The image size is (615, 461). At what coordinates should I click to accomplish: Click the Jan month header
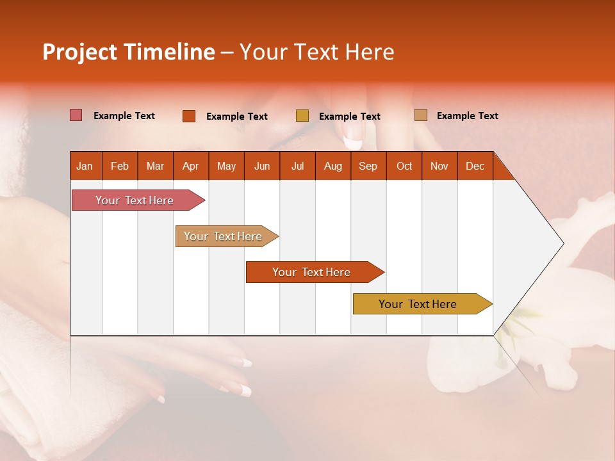coord(85,166)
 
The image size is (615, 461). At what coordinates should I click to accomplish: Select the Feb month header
coord(120,166)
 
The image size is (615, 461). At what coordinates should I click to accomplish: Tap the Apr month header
coord(190,166)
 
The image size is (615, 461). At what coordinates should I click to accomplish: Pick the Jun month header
coord(262,166)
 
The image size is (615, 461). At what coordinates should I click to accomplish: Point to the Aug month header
coord(332,166)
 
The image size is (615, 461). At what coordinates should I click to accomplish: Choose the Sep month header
coord(368,166)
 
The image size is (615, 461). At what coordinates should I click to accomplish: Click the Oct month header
coord(404,166)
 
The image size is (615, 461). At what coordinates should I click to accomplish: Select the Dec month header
coord(475,166)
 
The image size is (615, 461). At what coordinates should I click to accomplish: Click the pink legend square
coord(76,115)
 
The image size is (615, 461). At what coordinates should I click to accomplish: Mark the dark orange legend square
coord(188,116)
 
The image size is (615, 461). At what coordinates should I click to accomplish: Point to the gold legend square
coord(302,116)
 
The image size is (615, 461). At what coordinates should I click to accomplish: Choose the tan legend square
coord(420,115)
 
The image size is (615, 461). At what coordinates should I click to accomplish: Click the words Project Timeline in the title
coord(128,52)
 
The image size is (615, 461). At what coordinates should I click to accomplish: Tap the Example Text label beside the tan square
coord(467,116)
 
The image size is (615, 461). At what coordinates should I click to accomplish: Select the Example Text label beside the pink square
coord(124,116)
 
